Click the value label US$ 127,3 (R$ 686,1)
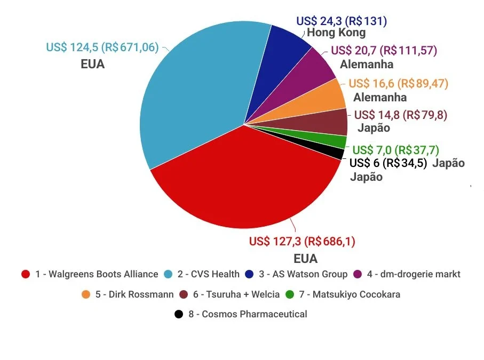point(302,241)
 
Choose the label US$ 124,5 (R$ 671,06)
point(102,47)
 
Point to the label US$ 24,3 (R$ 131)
point(342,21)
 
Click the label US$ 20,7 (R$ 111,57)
point(384,51)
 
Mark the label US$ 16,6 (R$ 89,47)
point(398,84)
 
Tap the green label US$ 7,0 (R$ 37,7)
point(396,150)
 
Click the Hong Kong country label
point(336,33)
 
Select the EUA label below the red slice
point(305,259)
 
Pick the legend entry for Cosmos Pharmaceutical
point(241,314)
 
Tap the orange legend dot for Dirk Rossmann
point(85,294)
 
